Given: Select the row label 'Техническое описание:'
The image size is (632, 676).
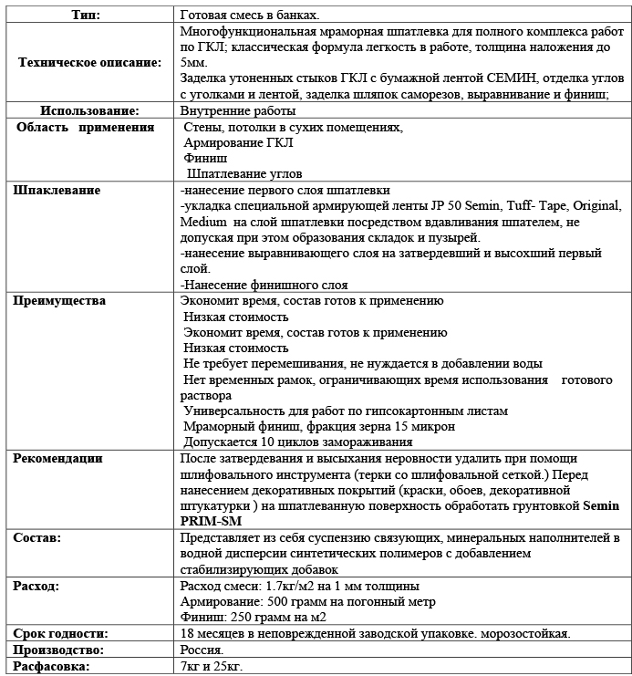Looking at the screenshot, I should (x=89, y=62).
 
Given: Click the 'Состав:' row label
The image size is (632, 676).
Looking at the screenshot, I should (x=37, y=538).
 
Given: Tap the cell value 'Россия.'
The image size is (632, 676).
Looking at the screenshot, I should (x=202, y=650).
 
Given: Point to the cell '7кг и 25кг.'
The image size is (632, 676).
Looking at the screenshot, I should (x=212, y=667).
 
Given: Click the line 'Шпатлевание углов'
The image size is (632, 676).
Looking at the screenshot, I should (x=243, y=173).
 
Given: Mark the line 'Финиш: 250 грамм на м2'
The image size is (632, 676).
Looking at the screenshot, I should (x=254, y=617).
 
